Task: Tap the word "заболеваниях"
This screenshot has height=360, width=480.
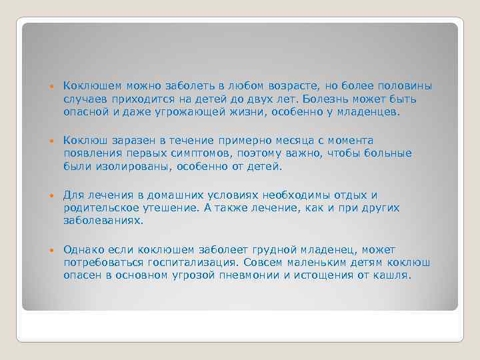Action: pos(103,221)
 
